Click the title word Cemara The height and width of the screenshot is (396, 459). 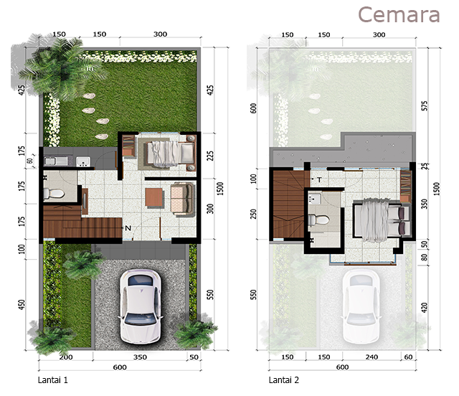point(399,14)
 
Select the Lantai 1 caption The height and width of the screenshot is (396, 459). point(53,380)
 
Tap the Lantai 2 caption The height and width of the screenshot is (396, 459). point(284,380)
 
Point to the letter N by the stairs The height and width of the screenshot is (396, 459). point(128,228)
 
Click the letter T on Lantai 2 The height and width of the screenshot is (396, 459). point(319,179)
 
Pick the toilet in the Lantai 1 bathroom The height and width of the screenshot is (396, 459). point(54,194)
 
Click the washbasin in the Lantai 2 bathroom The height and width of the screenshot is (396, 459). point(315,199)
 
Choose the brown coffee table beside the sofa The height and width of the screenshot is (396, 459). point(154,198)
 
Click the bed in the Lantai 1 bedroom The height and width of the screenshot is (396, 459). point(170,152)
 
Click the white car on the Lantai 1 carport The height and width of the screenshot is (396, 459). point(141,306)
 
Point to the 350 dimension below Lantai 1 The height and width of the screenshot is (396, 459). point(140,357)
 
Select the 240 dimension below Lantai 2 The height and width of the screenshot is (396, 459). point(372,357)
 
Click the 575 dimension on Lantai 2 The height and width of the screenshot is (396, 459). point(425,105)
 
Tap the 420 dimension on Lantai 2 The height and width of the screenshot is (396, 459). point(425,307)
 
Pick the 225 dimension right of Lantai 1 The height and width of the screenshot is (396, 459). point(210,156)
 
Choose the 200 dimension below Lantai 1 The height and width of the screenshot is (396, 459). point(66,357)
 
